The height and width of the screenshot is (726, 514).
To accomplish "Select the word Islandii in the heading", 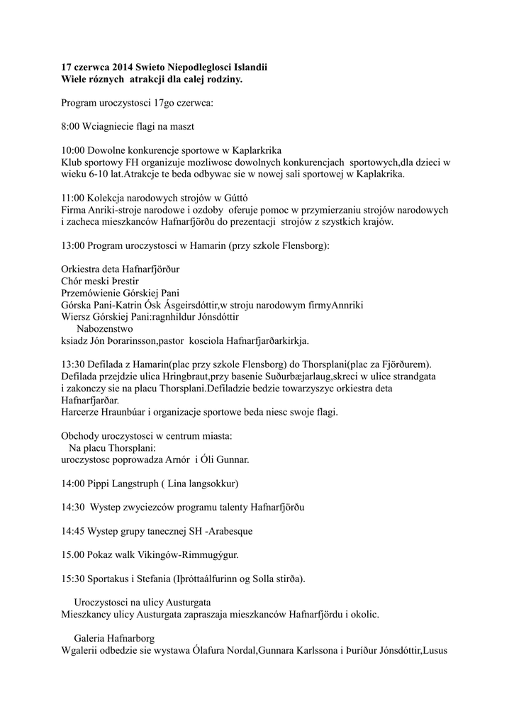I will pyautogui.click(x=249, y=67).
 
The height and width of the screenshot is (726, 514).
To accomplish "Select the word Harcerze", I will pyautogui.click(x=82, y=413).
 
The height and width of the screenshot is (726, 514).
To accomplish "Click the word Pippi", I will pyautogui.click(x=99, y=484).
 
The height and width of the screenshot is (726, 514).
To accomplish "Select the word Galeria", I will pyautogui.click(x=91, y=638).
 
